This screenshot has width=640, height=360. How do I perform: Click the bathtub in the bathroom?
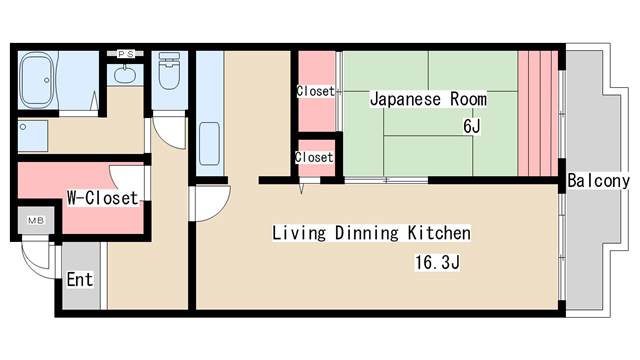[x=37, y=80]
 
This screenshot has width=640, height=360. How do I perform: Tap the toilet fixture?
[x=169, y=70]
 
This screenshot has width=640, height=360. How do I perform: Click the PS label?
[x=125, y=54]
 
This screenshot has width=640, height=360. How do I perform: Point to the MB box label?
[x=36, y=221]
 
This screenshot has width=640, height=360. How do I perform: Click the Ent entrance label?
[x=80, y=280]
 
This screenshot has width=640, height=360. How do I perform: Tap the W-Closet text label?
[x=102, y=198]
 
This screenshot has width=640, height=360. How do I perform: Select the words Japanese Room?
[x=428, y=99]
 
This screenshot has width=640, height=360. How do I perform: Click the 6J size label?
[x=471, y=127]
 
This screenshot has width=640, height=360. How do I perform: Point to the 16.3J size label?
[x=438, y=262]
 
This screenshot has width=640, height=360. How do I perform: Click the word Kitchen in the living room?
[x=439, y=233]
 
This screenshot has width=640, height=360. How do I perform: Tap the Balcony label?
[x=598, y=181]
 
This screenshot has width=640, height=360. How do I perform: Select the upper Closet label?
[x=316, y=91]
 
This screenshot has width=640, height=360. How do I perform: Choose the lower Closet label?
[x=314, y=157]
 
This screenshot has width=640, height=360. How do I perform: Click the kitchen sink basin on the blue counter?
[x=209, y=144]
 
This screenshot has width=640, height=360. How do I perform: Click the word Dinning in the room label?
[x=367, y=233]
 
